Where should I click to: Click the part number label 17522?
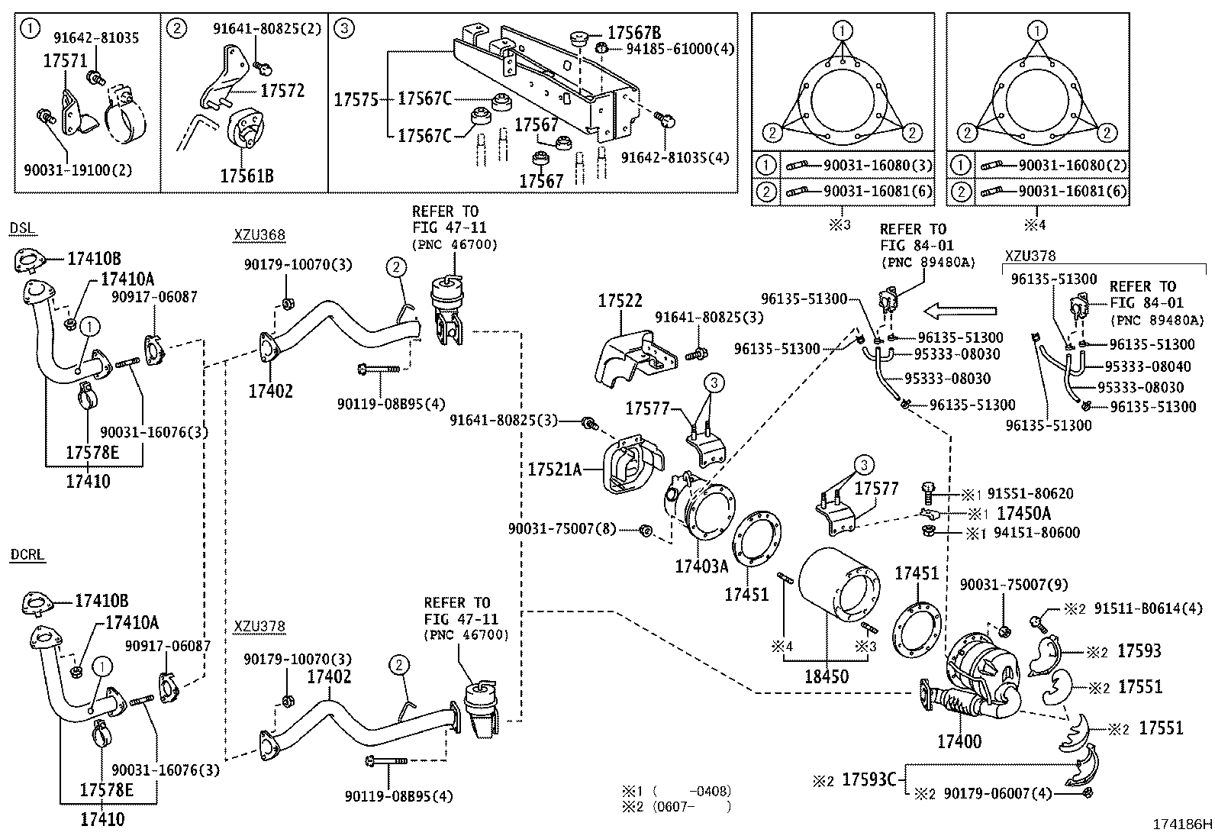[x=620, y=301]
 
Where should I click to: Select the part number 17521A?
[x=553, y=469]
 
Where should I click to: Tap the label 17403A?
[x=701, y=566]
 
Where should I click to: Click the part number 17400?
[x=959, y=741]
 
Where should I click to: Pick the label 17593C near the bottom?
[x=869, y=779]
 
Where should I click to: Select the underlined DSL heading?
[x=24, y=229]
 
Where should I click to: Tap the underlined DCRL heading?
[x=27, y=555]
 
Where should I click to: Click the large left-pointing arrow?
[x=960, y=311]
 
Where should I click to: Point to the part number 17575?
[x=356, y=99]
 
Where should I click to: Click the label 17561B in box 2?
[x=247, y=176]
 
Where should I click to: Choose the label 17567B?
[x=633, y=33]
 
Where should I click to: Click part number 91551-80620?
[x=1030, y=494]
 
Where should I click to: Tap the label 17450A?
[x=1023, y=514]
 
